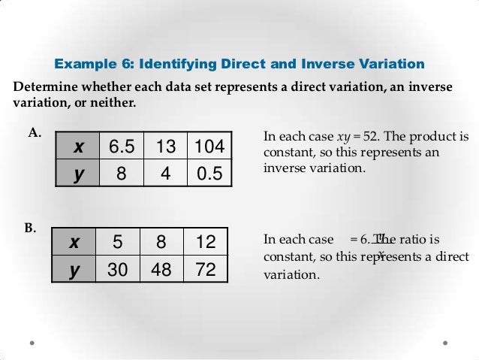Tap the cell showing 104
coord(209,147)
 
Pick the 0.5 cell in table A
coord(209,174)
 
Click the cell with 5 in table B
coord(118,242)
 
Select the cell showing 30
coord(118,269)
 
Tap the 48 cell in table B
coord(161,269)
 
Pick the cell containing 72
coord(204,269)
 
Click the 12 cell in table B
coord(204,242)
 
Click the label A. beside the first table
coord(34,133)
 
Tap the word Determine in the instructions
coord(44,86)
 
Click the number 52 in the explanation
coord(374,138)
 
